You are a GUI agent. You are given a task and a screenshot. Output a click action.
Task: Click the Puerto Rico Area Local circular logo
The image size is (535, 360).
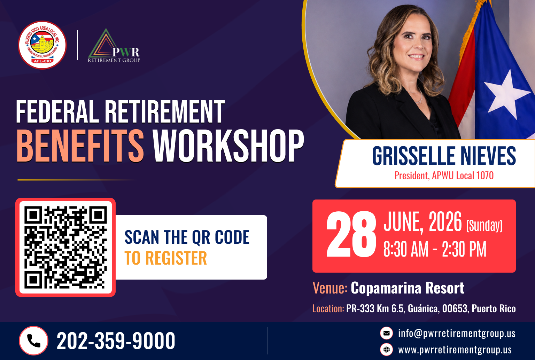[x=42, y=45]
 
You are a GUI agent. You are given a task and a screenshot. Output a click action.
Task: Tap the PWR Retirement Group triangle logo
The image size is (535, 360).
[x=114, y=46]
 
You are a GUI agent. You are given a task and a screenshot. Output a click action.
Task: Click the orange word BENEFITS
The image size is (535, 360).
[x=80, y=146]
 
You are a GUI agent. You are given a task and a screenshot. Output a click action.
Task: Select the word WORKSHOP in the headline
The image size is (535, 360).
[x=228, y=146]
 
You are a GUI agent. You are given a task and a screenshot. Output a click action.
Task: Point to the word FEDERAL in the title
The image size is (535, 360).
[x=57, y=111]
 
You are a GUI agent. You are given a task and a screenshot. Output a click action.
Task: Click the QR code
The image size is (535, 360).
[x=65, y=247]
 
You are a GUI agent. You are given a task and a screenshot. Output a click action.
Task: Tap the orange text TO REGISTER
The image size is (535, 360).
[x=165, y=258]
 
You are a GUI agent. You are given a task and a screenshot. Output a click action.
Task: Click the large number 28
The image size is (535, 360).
[x=351, y=234]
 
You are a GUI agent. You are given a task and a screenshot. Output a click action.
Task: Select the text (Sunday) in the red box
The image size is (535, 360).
[x=484, y=225]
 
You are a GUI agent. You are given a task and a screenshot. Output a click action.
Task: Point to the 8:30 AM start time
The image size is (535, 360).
[x=406, y=249]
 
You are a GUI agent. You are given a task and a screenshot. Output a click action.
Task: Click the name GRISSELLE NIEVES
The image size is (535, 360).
[x=444, y=156]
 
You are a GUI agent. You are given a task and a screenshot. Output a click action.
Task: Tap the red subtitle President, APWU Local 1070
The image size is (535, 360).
[x=444, y=176]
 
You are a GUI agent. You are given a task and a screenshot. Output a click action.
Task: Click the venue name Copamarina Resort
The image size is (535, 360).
[x=408, y=288]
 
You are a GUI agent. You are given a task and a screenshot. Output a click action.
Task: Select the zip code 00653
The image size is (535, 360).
[x=455, y=308]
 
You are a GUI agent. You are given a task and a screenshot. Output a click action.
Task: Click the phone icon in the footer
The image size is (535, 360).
[x=33, y=341]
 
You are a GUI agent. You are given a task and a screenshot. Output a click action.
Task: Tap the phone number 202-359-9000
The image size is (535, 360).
[x=116, y=341]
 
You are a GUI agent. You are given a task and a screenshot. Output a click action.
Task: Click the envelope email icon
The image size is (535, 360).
[x=386, y=333]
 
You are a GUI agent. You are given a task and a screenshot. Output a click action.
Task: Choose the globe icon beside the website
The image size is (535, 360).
[x=386, y=350]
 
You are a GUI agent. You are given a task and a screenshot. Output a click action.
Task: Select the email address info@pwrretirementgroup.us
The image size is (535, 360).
[x=457, y=333]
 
